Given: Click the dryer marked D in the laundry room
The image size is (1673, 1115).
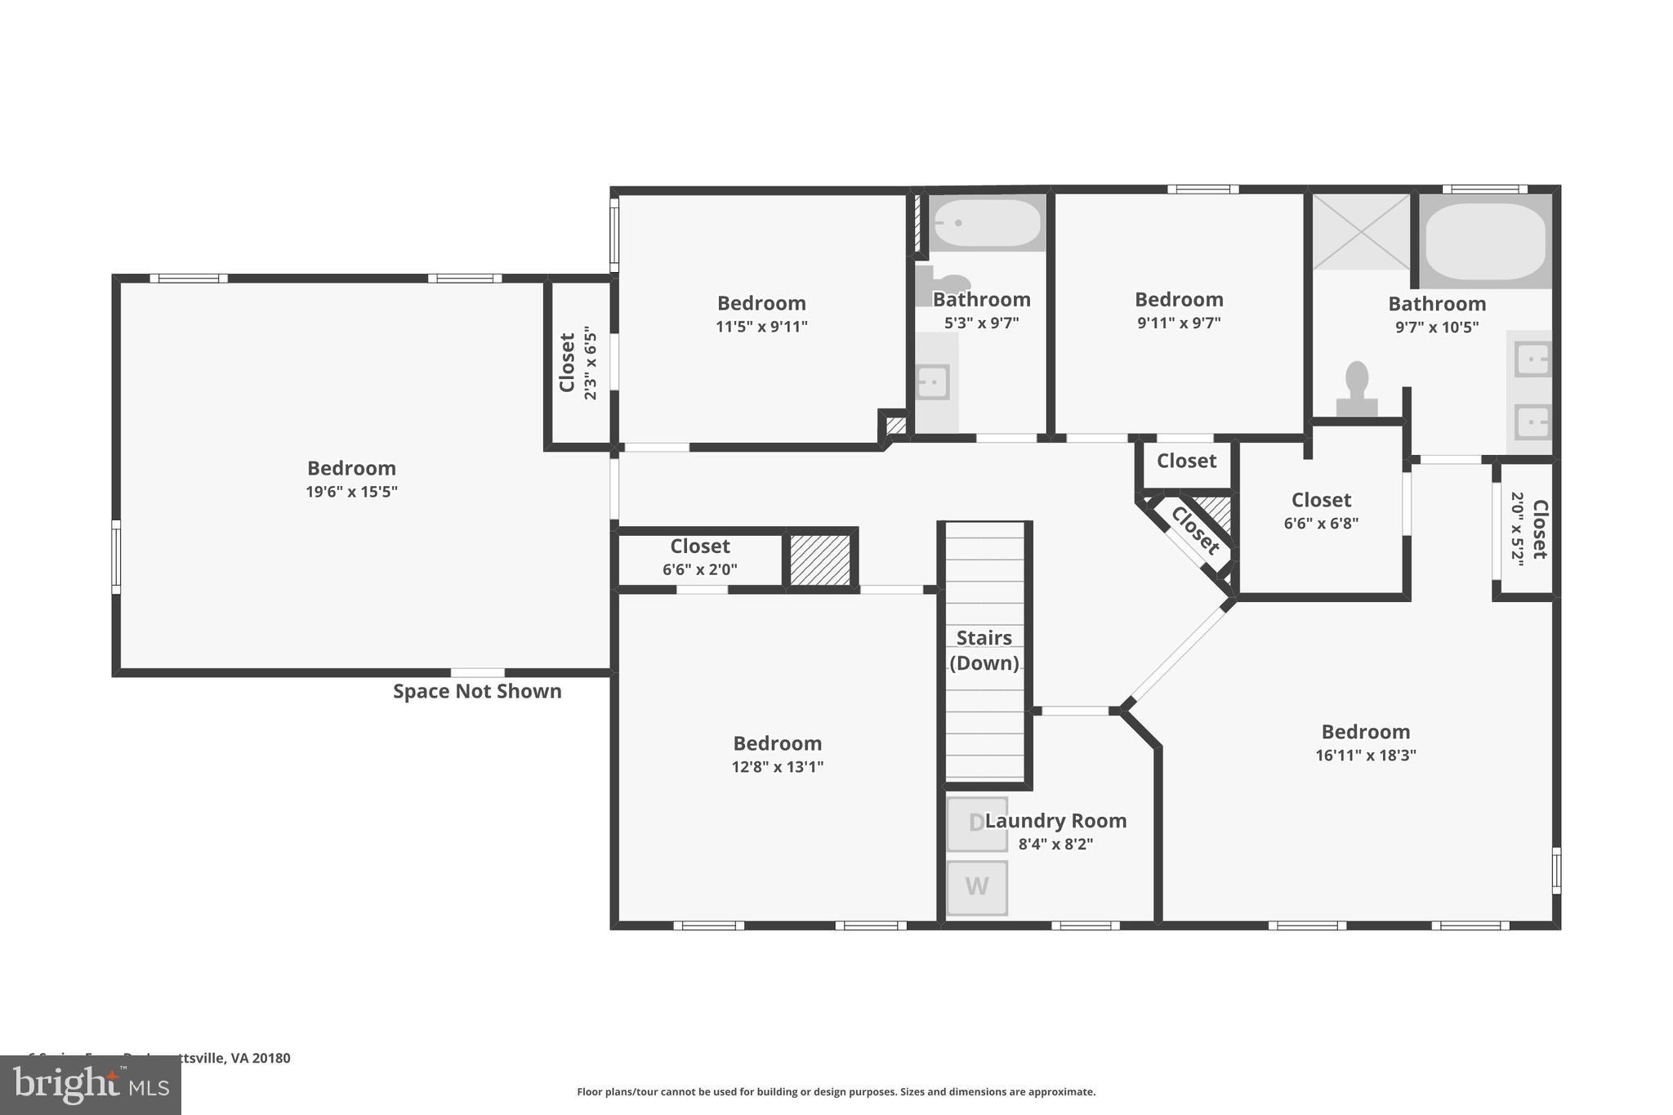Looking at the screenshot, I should click(976, 823).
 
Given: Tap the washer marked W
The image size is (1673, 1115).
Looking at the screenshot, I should click(976, 887).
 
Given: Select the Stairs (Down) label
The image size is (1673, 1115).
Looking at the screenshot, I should click(984, 650).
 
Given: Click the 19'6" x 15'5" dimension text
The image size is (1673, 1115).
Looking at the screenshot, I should click(351, 492).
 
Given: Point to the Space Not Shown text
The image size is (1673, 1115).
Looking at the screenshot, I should click(477, 691).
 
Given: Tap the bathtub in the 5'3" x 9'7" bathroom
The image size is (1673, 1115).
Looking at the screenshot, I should click(987, 222).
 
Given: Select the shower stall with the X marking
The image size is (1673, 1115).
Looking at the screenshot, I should click(1361, 231).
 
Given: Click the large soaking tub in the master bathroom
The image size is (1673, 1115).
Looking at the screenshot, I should click(1485, 241).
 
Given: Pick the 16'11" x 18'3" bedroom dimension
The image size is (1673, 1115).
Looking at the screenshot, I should click(1365, 756).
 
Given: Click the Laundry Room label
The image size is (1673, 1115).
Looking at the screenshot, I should click(1055, 821).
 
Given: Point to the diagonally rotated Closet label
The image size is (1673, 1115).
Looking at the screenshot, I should click(1194, 530).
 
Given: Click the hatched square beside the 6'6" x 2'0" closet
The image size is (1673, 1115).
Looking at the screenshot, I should click(820, 560).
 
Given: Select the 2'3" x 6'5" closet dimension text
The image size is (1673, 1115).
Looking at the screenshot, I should click(590, 363).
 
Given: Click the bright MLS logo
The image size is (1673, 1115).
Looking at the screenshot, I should click(91, 1085).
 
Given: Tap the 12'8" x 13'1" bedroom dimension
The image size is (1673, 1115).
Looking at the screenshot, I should click(777, 767).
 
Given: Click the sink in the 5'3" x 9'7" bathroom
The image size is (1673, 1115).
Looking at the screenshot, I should click(932, 382).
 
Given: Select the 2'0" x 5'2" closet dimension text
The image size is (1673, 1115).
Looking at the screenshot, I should click(1517, 529).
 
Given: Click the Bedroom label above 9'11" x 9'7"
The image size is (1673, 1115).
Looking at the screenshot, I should click(1178, 299).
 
